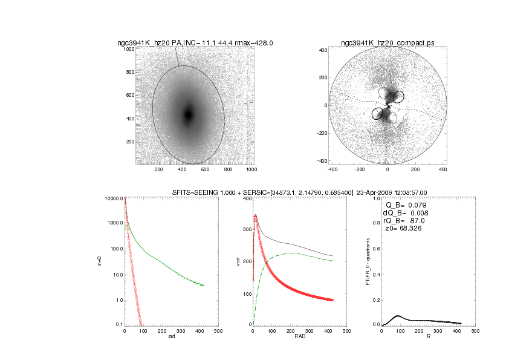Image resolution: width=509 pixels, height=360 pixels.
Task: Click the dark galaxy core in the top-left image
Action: [188, 114]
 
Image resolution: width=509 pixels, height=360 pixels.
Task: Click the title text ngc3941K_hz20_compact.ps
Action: [387, 43]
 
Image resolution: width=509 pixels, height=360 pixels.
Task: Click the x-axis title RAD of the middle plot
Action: [293, 336]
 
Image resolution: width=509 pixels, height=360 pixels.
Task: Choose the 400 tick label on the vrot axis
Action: [247, 198]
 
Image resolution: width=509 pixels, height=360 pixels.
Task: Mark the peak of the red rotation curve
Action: [256, 215]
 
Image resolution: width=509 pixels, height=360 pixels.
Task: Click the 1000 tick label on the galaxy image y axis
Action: [129, 49]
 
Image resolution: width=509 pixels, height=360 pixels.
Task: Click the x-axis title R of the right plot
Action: [427, 336]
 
